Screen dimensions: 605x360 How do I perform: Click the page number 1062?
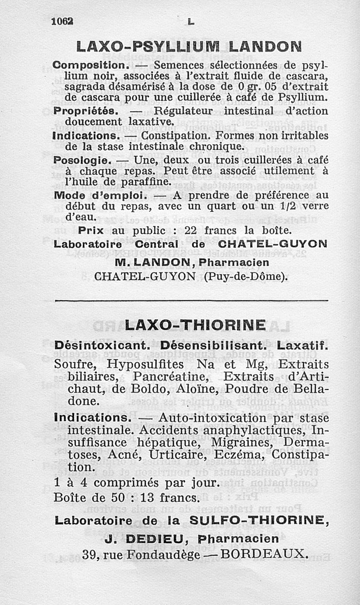tap(63, 21)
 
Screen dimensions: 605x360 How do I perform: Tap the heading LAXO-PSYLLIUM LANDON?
tap(189, 47)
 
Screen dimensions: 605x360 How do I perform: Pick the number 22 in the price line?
tap(192, 230)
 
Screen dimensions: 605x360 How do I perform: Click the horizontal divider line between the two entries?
tap(192, 300)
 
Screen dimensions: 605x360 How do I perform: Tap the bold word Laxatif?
tap(303, 347)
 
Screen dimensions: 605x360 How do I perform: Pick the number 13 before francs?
tap(149, 498)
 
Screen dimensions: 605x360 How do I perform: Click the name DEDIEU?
tap(145, 539)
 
